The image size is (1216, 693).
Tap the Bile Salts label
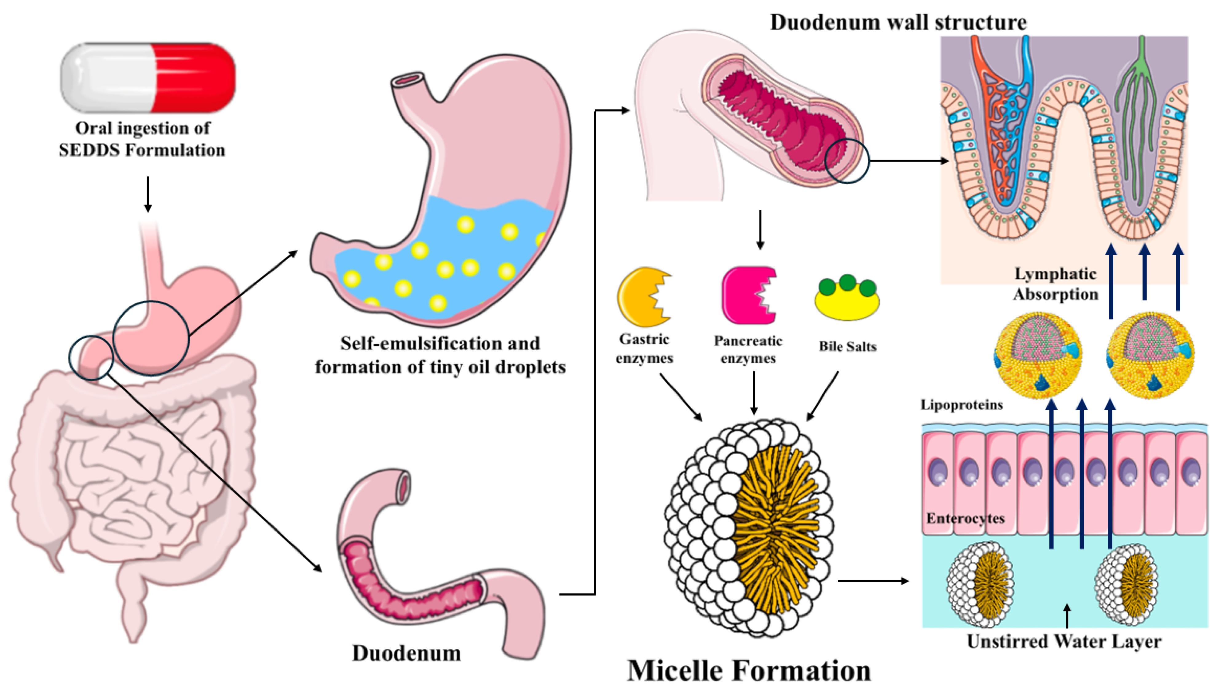click(847, 346)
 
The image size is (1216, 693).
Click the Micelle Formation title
click(749, 671)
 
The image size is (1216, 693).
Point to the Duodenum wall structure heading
click(898, 22)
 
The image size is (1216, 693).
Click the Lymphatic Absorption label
click(1056, 284)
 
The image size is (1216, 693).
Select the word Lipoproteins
click(961, 405)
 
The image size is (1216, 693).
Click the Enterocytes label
click(965, 518)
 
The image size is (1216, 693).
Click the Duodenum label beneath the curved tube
click(406, 653)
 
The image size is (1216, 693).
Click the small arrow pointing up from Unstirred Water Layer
click(1067, 616)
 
